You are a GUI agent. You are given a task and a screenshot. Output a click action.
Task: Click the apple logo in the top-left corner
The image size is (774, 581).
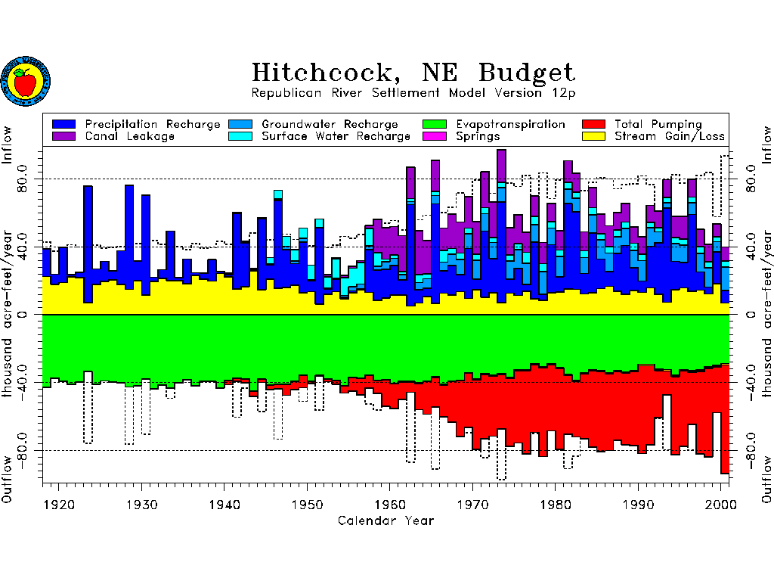[26, 81]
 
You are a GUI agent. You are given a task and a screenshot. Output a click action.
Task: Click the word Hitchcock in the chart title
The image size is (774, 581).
[322, 73]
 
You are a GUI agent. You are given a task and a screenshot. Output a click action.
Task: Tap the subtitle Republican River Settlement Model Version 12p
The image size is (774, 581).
[413, 93]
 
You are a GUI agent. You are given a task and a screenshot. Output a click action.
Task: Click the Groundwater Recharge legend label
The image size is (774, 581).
[330, 124]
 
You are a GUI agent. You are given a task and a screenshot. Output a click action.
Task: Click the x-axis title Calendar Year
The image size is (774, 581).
[385, 520]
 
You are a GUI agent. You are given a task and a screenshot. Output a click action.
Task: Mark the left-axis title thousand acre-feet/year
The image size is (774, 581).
[9, 313]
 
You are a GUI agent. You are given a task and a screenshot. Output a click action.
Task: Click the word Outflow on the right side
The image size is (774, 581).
[766, 480]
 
